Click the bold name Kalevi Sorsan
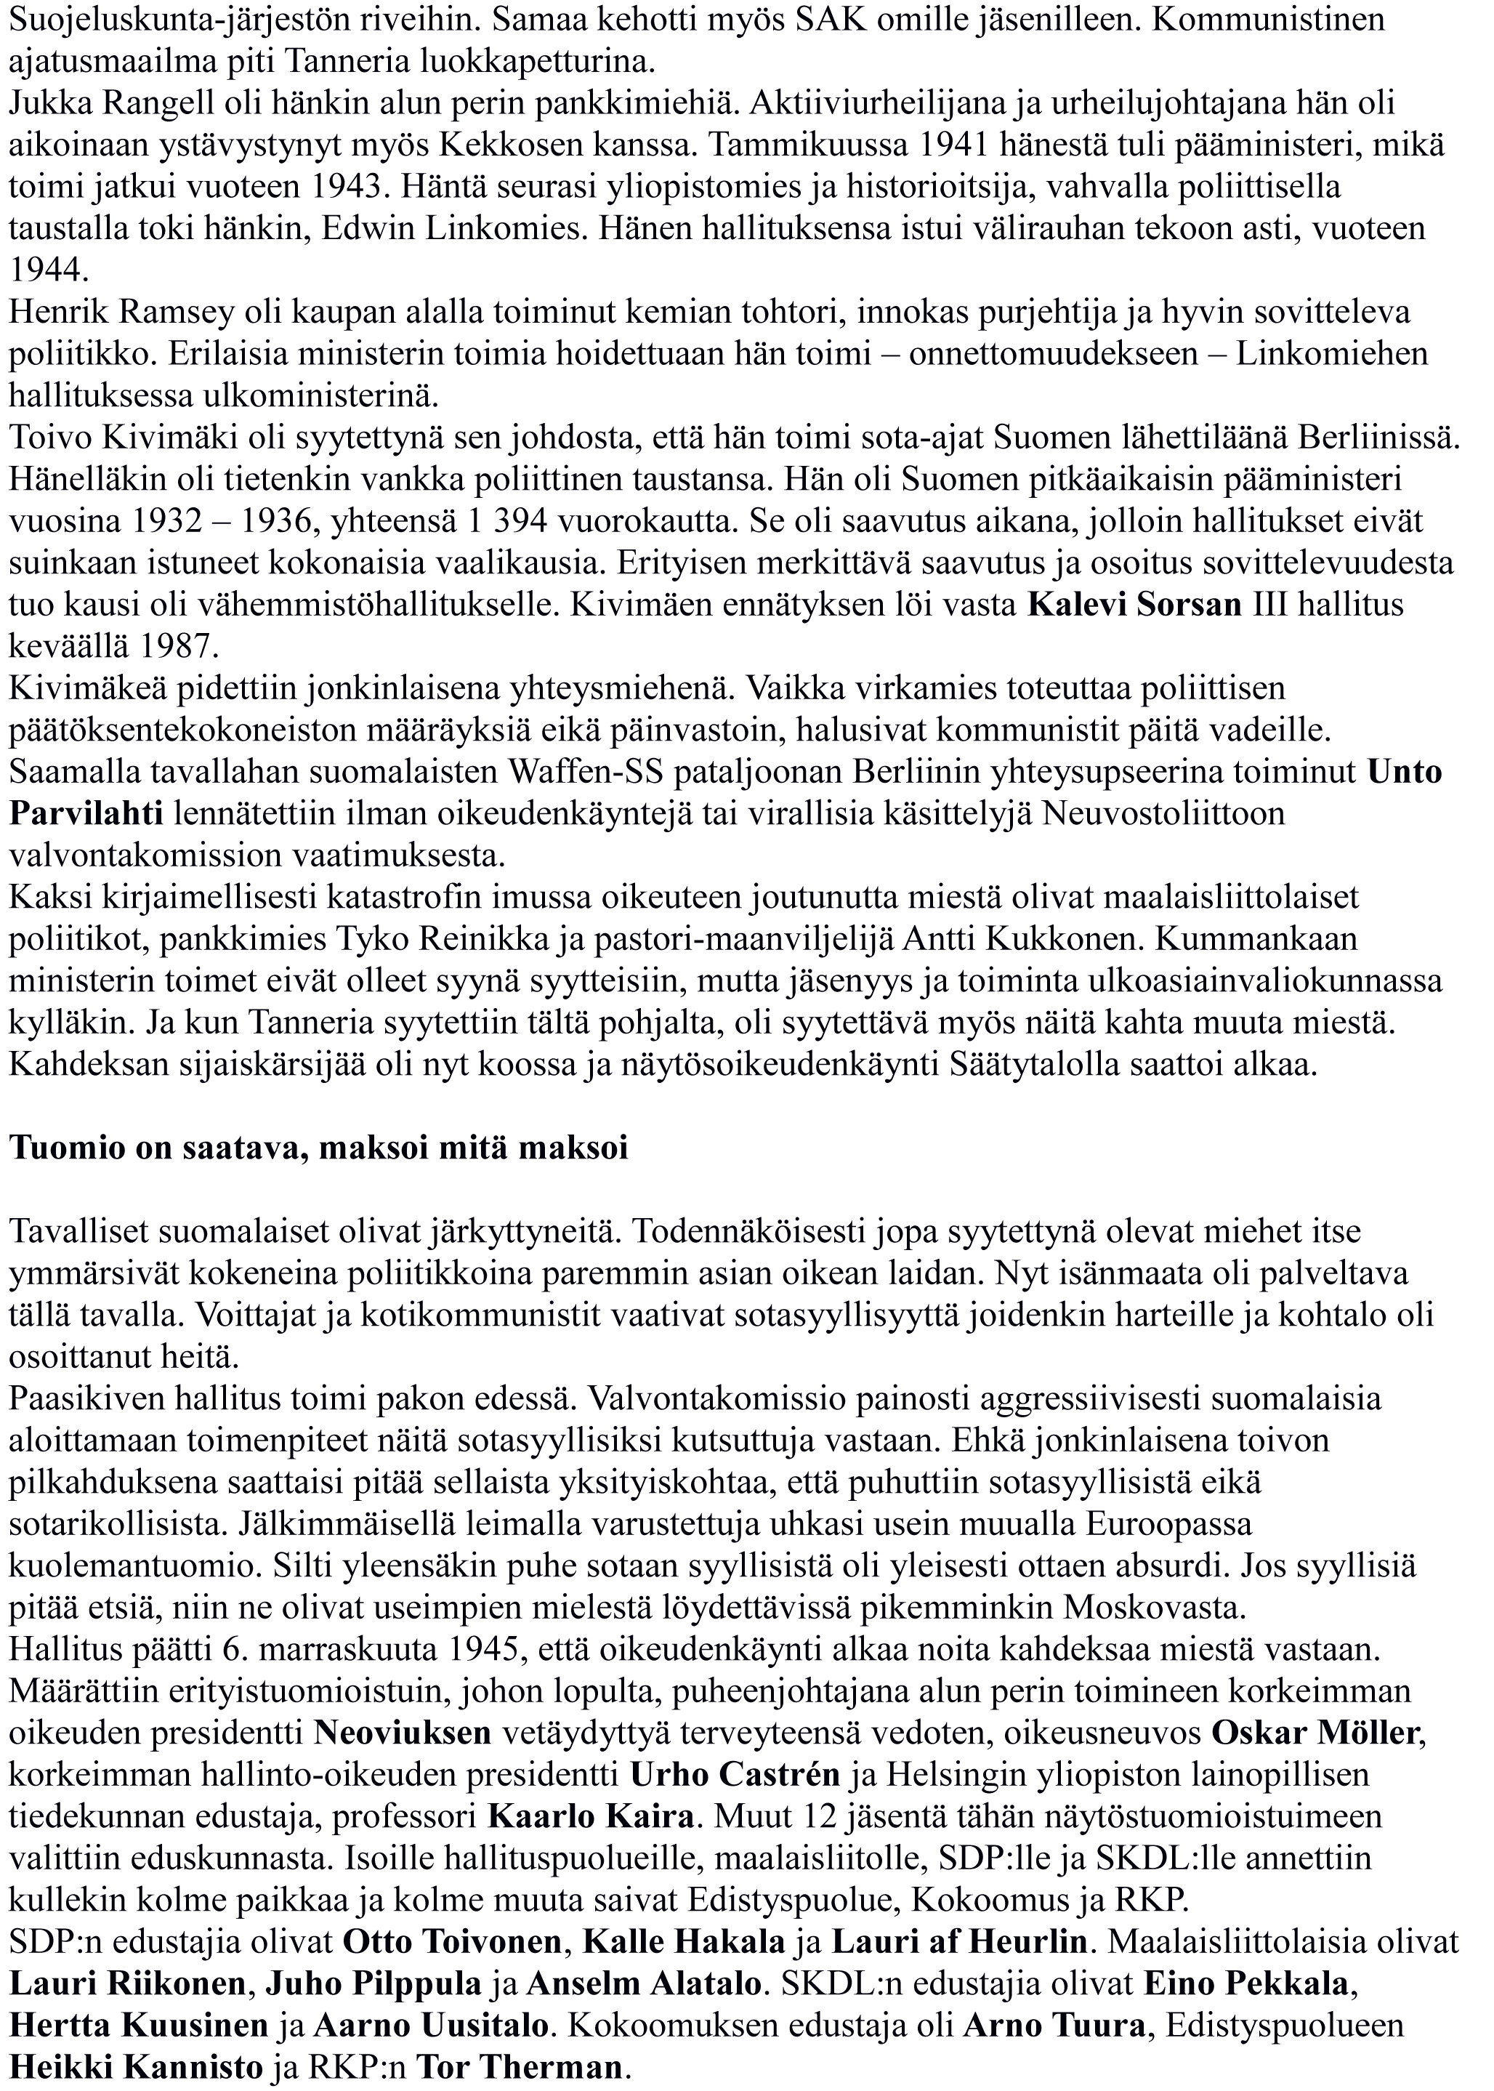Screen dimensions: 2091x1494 [x=1134, y=605]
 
